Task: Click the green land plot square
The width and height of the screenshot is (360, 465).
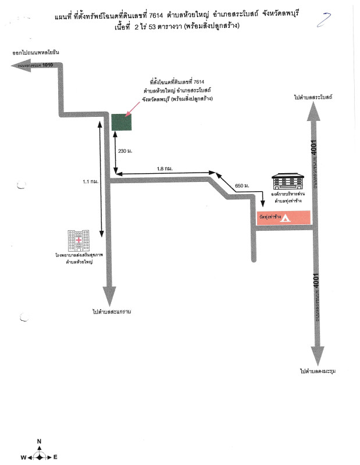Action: [x=122, y=121]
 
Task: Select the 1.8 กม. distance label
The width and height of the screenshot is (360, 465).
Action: [x=165, y=169]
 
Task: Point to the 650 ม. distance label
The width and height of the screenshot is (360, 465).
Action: [x=242, y=185]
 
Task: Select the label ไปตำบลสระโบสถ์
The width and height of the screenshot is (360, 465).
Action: [x=313, y=96]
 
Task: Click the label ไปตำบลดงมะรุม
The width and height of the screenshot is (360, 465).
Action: [x=318, y=370]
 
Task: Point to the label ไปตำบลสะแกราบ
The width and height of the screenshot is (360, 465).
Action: [x=111, y=312]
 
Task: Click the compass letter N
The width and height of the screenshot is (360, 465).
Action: [x=39, y=442]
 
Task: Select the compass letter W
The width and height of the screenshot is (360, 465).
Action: [x=23, y=457]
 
